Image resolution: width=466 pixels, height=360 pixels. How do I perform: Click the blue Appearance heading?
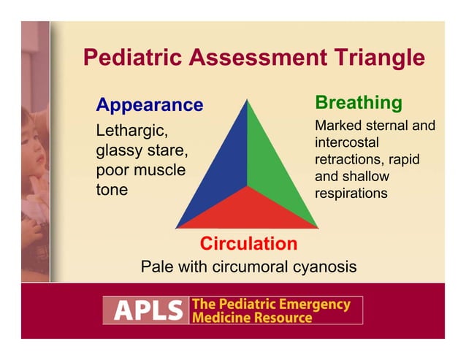[x=149, y=105]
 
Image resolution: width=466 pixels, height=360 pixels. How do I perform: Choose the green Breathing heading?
[x=358, y=102]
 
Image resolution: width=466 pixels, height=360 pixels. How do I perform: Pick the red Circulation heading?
[x=248, y=243]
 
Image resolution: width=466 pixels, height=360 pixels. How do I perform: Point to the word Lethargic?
[x=132, y=132]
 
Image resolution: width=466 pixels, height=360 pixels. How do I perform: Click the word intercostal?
[x=348, y=142]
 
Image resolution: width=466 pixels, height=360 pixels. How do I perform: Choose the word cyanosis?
[x=322, y=267]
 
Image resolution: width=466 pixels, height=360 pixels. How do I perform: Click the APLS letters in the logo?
[x=144, y=310]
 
